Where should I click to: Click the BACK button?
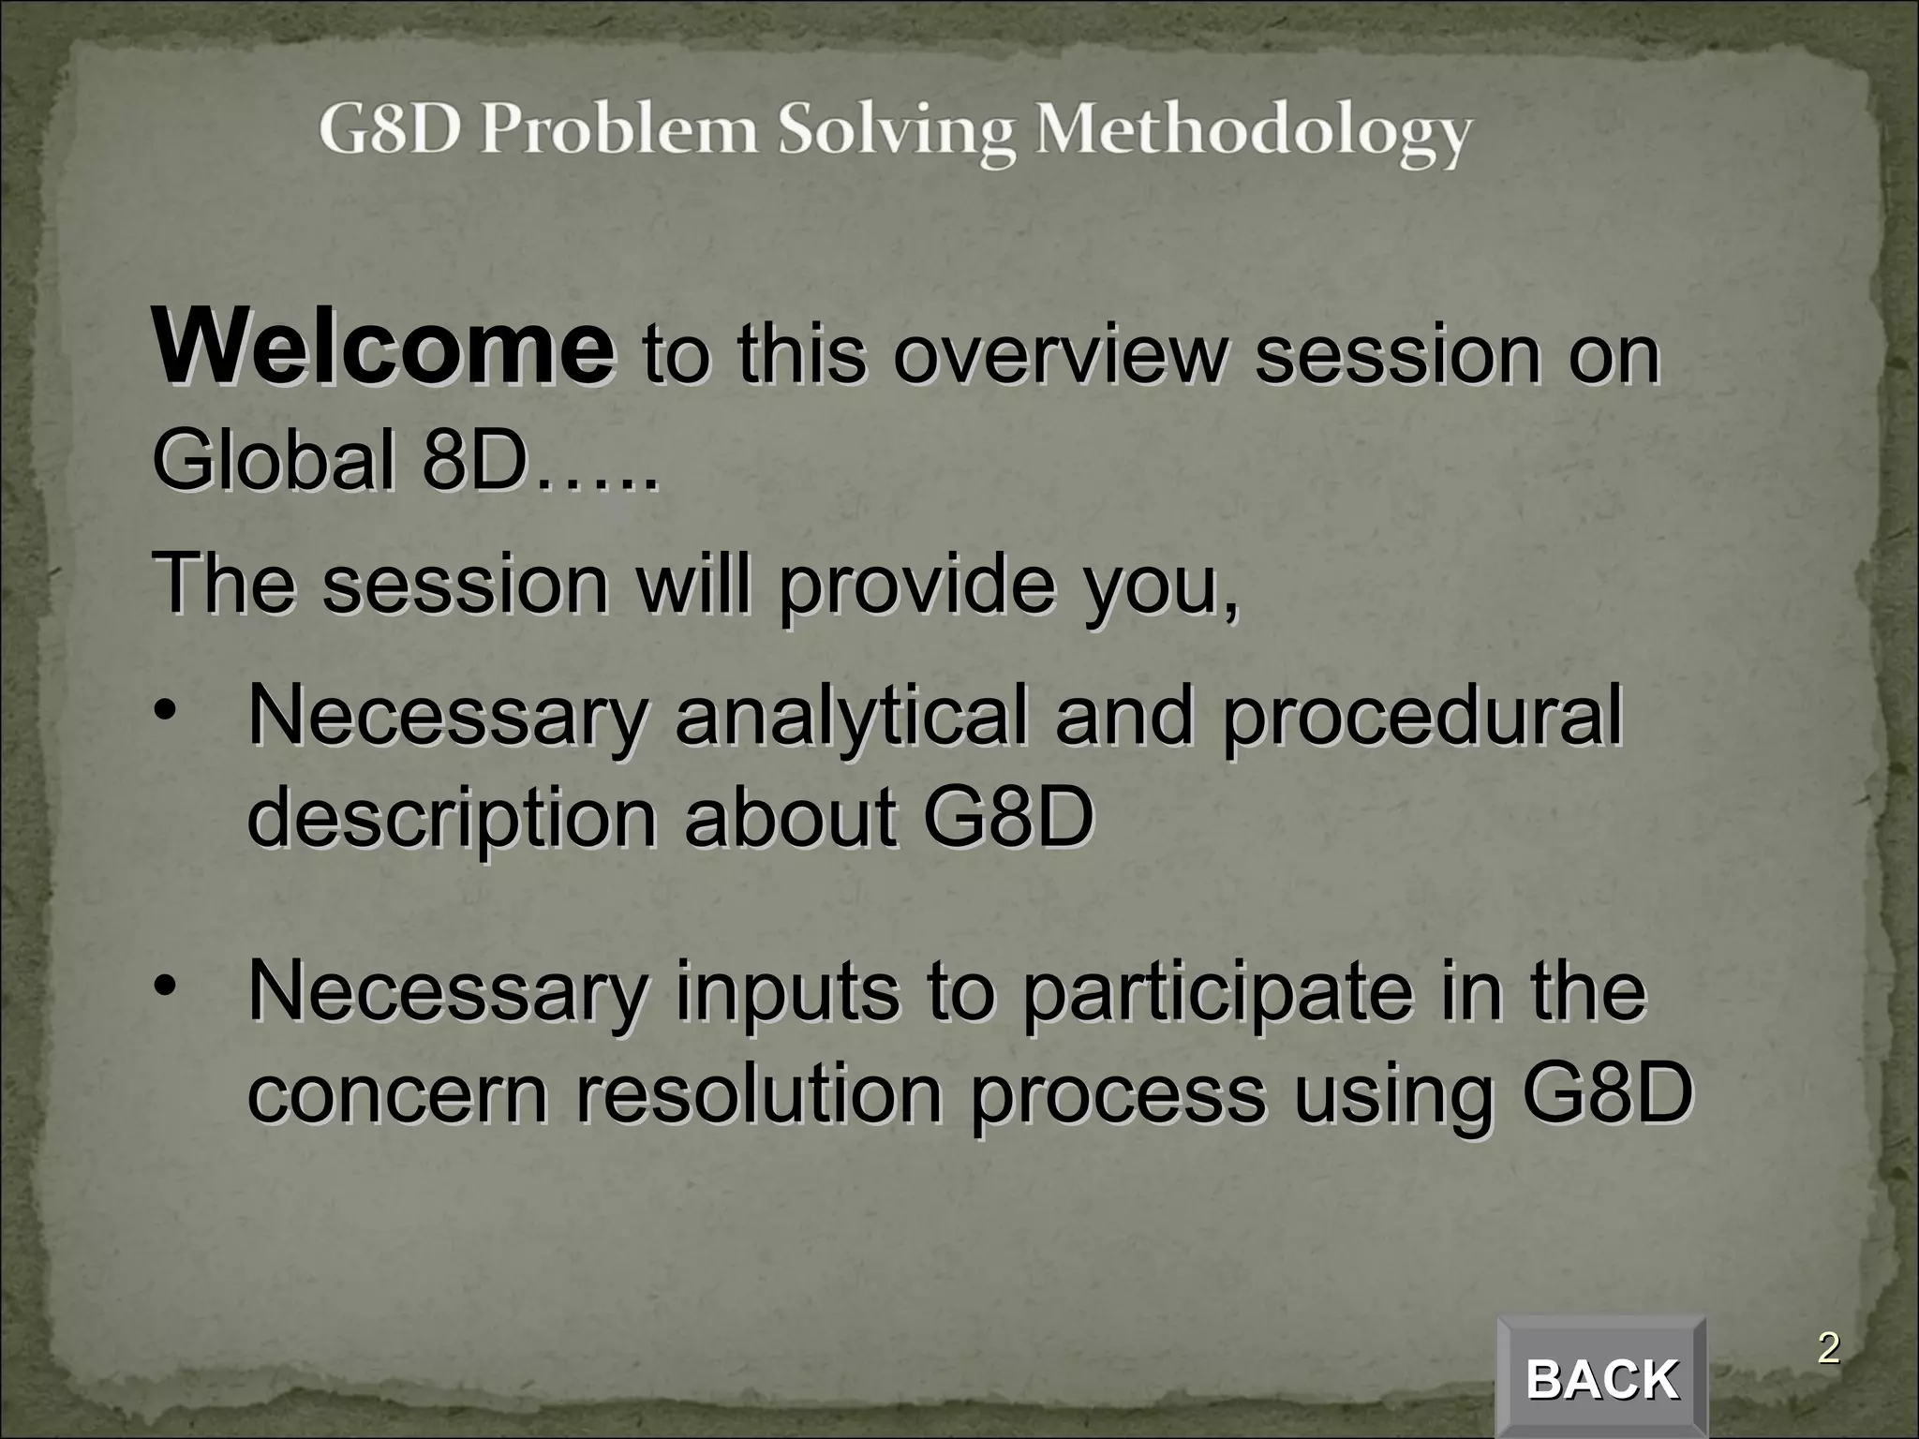tap(1601, 1379)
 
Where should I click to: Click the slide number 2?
tap(1828, 1349)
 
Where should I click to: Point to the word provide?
tap(916, 586)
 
